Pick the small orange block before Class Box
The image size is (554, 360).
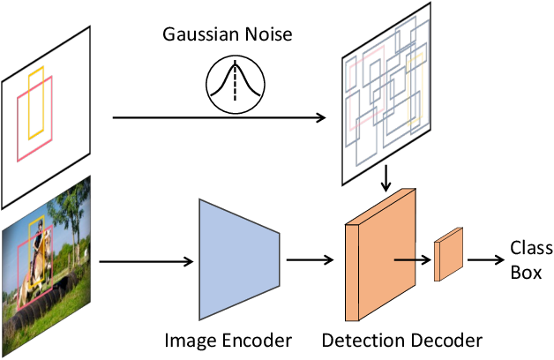pyautogui.click(x=449, y=254)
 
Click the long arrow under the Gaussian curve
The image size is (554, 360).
pyautogui.click(x=221, y=117)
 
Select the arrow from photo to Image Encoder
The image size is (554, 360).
pyautogui.click(x=146, y=260)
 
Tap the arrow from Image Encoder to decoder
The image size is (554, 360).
pyautogui.click(x=310, y=260)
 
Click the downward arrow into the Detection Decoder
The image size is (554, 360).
pyautogui.click(x=386, y=180)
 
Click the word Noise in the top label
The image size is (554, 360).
pyautogui.click(x=267, y=36)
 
